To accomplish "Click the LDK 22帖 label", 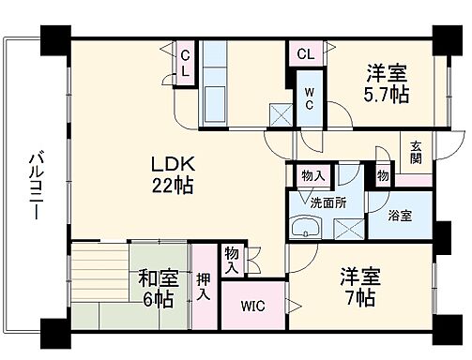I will coord(174,173).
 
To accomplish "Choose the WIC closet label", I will coord(251,306).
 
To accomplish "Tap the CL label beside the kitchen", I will coord(186,63).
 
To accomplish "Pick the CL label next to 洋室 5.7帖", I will coord(305,53).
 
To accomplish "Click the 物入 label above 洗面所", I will coord(313,175).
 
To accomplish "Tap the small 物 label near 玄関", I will coord(383,174).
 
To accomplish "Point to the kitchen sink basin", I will coord(213,97).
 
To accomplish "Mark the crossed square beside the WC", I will coord(279,114).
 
